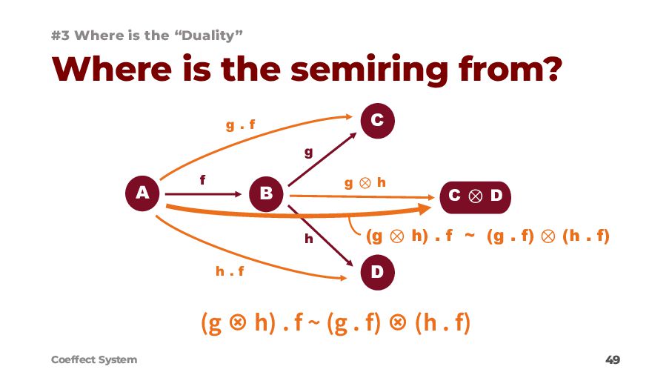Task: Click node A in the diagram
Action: click(x=142, y=193)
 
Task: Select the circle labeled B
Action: click(x=266, y=193)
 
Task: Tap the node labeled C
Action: click(x=377, y=121)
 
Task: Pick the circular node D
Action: click(x=377, y=272)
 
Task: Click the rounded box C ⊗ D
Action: click(x=476, y=195)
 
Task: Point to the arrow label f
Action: click(x=202, y=179)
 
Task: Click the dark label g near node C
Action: click(x=309, y=153)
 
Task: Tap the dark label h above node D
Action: click(x=309, y=239)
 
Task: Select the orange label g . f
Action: click(x=240, y=125)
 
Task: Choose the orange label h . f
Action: click(x=230, y=271)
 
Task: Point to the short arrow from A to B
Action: click(x=204, y=194)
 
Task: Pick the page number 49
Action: click(x=612, y=360)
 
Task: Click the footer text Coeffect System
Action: click(x=94, y=359)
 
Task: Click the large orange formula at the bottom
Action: click(x=335, y=324)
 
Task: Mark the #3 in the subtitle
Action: click(x=61, y=35)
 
